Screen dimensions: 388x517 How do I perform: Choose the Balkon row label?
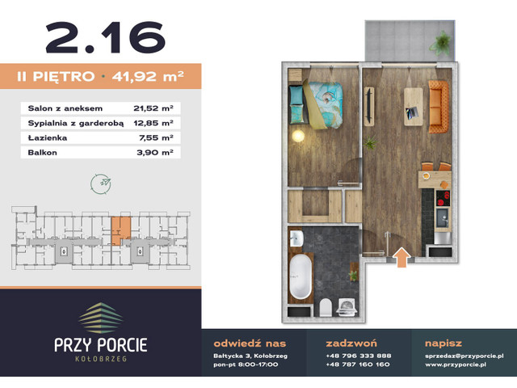[x=40, y=151]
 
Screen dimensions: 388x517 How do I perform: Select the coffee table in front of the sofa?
[x=411, y=105]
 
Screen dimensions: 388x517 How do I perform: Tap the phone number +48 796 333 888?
[x=358, y=356]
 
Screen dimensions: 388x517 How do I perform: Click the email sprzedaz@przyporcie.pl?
[x=464, y=356]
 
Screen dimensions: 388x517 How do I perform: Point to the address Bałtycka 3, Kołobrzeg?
[x=243, y=356]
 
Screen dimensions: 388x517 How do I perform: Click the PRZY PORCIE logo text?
[x=101, y=344]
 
